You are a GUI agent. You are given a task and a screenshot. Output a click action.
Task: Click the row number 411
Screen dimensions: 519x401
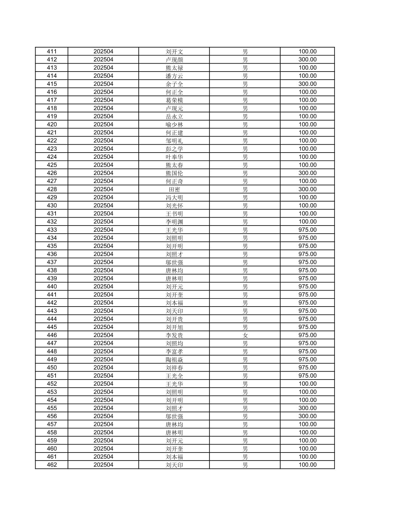(52, 52)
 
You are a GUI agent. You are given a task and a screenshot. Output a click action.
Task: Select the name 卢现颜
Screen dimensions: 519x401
(174, 60)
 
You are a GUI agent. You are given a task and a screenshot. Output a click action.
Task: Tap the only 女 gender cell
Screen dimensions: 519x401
(245, 335)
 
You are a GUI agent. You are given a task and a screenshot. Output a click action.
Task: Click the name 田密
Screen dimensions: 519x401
(174, 189)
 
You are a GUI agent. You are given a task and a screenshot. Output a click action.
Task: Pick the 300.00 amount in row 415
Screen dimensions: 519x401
(307, 84)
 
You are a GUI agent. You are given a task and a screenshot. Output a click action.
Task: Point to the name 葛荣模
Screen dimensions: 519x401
(174, 100)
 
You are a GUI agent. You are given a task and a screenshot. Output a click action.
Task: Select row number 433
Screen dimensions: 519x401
(52, 230)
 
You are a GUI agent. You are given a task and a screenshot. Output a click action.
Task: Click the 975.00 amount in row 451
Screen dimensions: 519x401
(307, 376)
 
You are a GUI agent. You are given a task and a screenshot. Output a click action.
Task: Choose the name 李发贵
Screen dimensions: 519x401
(174, 335)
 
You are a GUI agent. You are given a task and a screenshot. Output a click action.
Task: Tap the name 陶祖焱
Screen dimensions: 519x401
(174, 360)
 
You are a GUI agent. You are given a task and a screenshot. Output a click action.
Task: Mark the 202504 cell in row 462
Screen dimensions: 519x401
(103, 465)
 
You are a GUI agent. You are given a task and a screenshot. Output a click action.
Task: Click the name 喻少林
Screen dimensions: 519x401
(174, 125)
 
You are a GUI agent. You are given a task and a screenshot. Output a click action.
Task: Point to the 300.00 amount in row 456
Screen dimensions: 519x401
(307, 416)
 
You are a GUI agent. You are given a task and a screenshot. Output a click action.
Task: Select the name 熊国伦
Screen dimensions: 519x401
(174, 173)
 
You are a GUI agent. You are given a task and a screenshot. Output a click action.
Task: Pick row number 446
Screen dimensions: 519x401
(52, 335)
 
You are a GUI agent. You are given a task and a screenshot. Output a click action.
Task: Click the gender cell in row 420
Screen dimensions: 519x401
(245, 125)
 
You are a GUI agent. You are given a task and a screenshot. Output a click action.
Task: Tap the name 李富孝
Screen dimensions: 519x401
(174, 352)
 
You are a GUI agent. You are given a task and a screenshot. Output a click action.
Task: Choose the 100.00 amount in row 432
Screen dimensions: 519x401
(307, 222)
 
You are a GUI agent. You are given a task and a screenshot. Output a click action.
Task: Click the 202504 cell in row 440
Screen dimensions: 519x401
(103, 287)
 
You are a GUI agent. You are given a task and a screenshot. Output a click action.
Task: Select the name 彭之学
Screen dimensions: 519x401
(174, 149)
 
